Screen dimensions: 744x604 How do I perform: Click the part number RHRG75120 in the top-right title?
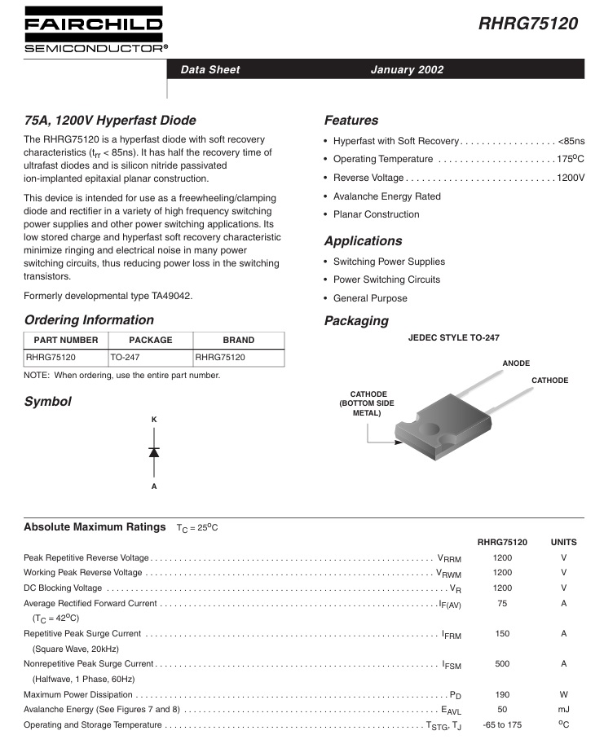[528, 24]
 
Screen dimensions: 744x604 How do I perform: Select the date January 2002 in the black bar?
[407, 70]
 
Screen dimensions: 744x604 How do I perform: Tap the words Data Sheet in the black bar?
[210, 70]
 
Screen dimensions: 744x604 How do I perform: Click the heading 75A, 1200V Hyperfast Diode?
[110, 121]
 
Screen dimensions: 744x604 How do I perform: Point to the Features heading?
[351, 121]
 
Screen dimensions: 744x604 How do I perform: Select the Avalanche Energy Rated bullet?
[387, 196]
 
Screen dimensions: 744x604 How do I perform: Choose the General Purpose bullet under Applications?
[370, 298]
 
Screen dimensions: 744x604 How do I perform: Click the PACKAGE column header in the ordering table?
[151, 340]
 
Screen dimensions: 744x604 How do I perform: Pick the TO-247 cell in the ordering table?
[126, 358]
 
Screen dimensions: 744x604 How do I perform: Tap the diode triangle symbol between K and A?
[154, 451]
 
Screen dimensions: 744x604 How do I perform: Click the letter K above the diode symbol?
[154, 420]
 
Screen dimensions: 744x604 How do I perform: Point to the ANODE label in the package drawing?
[516, 363]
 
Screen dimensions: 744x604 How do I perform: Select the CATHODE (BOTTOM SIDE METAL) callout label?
[367, 403]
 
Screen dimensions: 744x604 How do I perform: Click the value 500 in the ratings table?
[502, 664]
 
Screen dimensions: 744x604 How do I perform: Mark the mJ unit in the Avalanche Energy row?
[563, 709]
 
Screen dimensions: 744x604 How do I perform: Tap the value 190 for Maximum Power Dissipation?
[502, 694]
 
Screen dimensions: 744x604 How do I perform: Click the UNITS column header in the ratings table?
[563, 542]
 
